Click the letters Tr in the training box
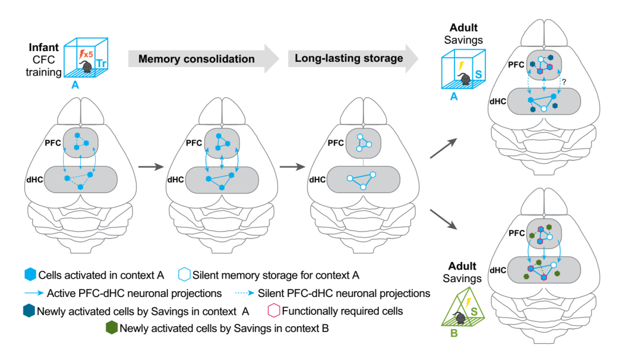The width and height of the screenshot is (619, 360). (102, 64)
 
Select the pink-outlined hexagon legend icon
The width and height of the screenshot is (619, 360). (273, 311)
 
